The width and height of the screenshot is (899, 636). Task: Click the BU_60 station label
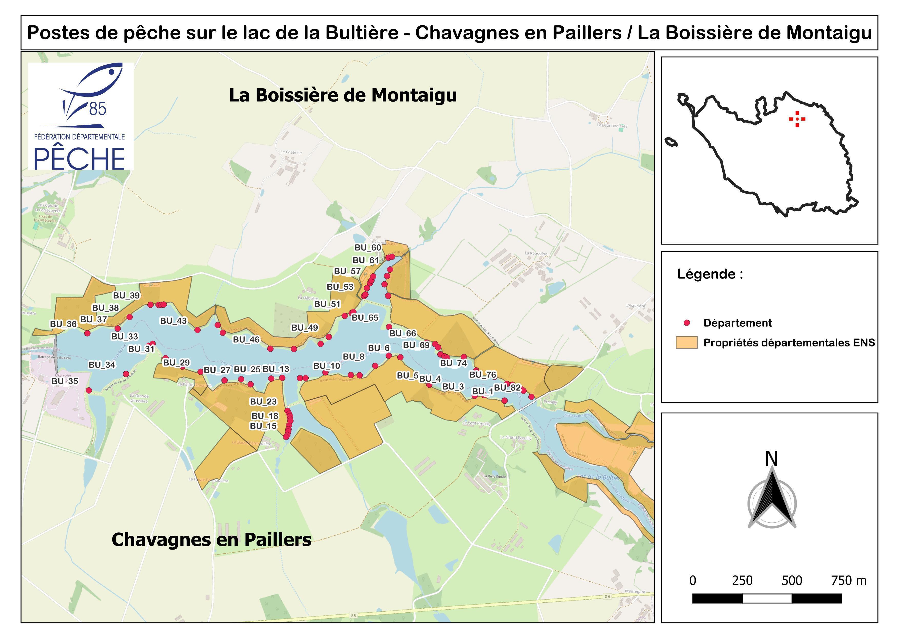coord(368,247)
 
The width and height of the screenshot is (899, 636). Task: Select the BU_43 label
coord(174,321)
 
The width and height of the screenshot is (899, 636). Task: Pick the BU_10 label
coord(327,366)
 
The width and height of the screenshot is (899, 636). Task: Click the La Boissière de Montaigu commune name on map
coord(343,95)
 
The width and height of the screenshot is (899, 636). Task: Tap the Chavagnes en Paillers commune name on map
coord(211,539)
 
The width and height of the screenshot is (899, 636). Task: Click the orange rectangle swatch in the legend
coord(686,342)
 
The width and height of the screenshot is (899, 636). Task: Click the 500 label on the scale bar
coord(792,580)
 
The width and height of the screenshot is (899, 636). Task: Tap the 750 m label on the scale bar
coord(849,580)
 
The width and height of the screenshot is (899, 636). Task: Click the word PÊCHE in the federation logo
coord(79,158)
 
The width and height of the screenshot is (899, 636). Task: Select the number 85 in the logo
coord(97,108)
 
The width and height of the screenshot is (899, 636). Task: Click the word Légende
coord(710,274)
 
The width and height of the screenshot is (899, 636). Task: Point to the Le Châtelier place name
coord(291,152)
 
